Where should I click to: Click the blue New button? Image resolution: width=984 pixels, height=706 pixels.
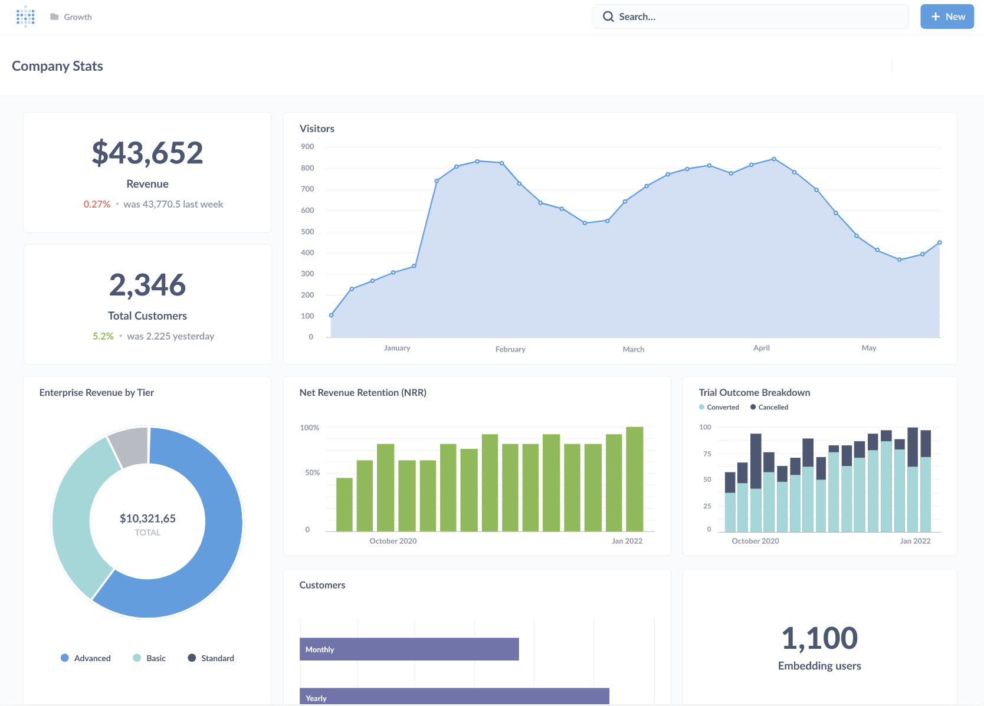[x=947, y=17]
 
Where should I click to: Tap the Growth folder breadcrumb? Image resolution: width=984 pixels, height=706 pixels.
[x=77, y=17]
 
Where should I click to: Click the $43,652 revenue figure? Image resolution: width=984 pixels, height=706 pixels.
[x=147, y=153]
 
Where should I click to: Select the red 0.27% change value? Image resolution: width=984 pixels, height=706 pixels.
[x=97, y=204]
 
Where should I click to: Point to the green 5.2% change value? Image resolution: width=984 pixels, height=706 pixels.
[x=103, y=336]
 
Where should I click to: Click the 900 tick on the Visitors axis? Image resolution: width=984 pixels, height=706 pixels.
[x=307, y=146]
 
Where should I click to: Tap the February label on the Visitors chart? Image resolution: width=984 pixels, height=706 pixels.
[x=510, y=349]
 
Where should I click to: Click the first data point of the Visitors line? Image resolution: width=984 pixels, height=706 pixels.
[x=331, y=315]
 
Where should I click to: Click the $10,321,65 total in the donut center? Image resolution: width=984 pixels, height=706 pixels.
[x=147, y=518]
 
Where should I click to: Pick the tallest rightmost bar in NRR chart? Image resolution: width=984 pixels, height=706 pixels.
[x=635, y=479]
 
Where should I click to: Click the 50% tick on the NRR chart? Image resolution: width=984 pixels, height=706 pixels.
[x=312, y=472]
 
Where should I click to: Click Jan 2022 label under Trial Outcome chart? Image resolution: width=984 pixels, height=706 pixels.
[x=915, y=541]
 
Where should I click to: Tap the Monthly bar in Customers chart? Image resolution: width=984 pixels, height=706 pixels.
[x=409, y=649]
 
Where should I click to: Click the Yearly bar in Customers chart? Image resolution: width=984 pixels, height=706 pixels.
[x=454, y=697]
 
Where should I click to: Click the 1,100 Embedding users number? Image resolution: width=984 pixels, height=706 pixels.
[x=819, y=638]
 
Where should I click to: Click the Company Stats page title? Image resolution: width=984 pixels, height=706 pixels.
[x=57, y=66]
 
